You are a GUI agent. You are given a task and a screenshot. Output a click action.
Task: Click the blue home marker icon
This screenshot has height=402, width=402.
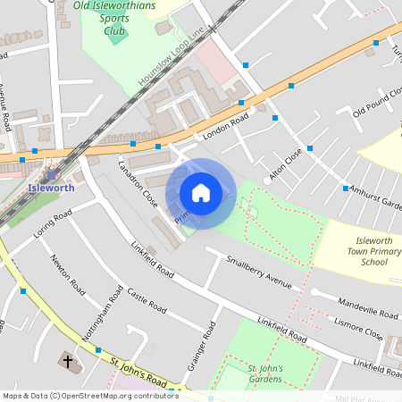pos(201,193)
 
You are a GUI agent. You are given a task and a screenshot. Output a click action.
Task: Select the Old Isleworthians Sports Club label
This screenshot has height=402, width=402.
pos(113,18)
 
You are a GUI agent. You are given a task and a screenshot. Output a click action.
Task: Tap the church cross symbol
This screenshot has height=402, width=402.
pos(67,362)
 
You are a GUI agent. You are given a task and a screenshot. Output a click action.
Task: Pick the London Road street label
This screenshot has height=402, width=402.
pos(223,129)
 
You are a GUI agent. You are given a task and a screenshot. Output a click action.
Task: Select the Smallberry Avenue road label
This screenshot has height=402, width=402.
pos(259,272)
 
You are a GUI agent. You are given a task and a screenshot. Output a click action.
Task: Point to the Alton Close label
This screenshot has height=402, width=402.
pos(287,164)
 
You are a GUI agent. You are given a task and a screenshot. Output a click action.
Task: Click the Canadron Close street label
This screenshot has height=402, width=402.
pos(138,184)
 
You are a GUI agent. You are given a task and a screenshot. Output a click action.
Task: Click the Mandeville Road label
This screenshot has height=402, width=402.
pos(368,309)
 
